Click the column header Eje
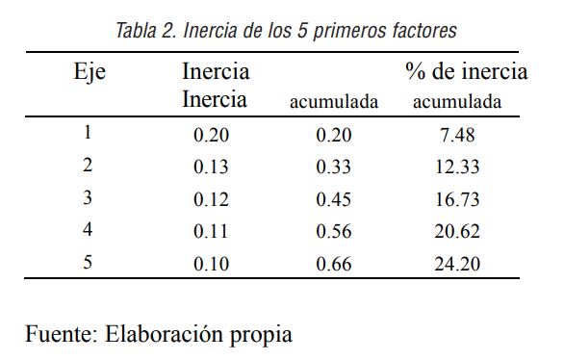coord(90,72)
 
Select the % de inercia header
coord(466,72)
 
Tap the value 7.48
coord(455,136)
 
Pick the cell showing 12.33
coord(456,167)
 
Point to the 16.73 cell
coord(456,199)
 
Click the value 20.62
coord(456,231)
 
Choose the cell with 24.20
coord(456,263)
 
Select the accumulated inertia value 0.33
coord(333,167)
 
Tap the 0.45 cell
coord(333,199)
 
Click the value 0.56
coord(333,231)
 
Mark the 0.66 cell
coord(333,263)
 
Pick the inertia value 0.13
coord(211,167)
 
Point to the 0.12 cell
coord(211,199)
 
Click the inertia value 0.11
coord(211,231)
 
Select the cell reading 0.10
coord(211,263)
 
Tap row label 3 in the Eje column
coord(88,197)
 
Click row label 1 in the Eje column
coord(88,134)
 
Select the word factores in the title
coord(421,30)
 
